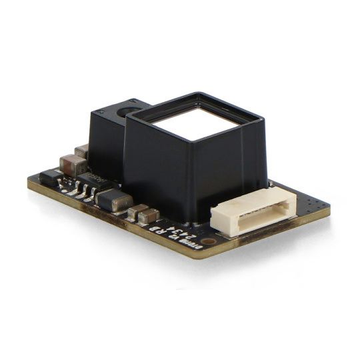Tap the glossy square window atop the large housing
(x=199, y=124)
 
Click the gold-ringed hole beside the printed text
(x=209, y=240)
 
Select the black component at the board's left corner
(x=49, y=177)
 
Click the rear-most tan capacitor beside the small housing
(x=82, y=151)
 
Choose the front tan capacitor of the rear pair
(x=70, y=163)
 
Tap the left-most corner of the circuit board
(x=29, y=181)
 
